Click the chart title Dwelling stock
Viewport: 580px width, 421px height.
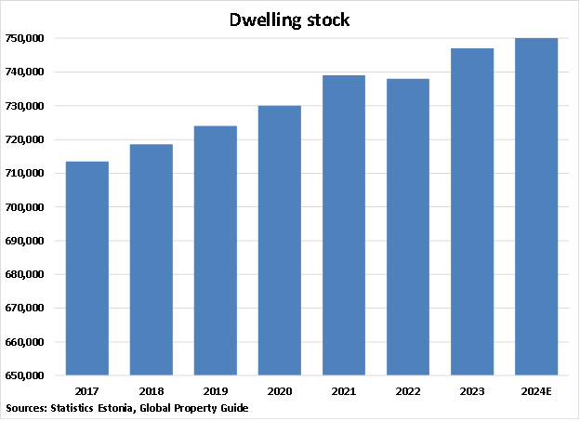pyautogui.click(x=290, y=20)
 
